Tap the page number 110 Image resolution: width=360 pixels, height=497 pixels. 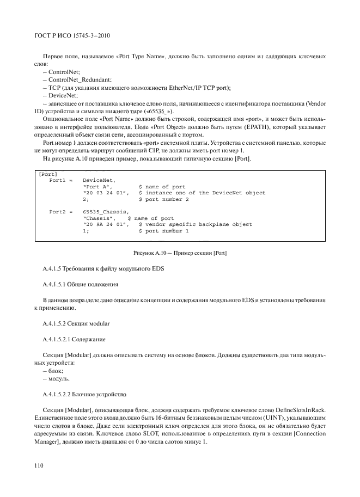(38, 466)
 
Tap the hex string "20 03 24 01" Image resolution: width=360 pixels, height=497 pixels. (106, 193)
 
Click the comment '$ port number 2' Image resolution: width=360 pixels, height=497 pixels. (164, 199)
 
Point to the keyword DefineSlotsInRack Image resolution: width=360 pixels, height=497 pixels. (297, 408)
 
